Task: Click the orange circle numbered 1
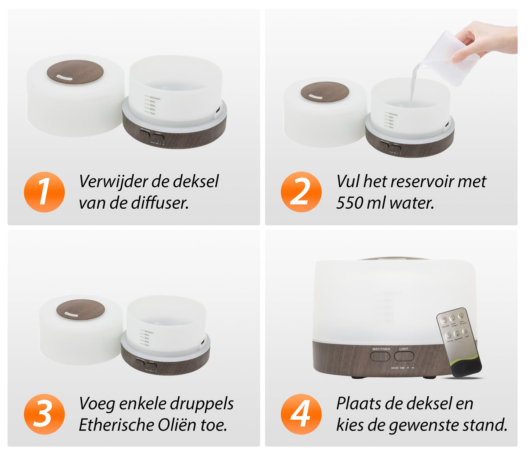pos(44,192)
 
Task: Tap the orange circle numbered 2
pos(301,192)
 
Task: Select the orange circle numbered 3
pos(44,414)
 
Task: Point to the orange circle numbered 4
pos(301,414)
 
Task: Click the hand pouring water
pos(484,39)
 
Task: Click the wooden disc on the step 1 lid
pos(75,72)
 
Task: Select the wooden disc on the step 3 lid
pos(81,309)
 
